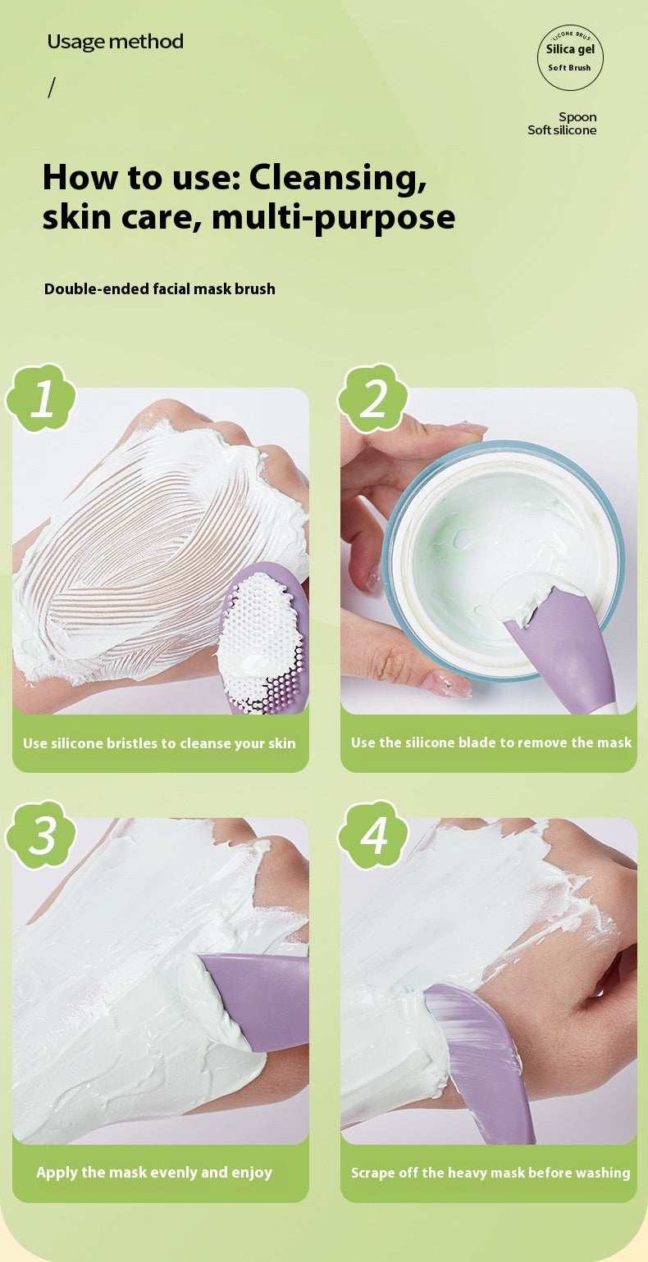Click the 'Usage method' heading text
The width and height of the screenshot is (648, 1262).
(x=116, y=42)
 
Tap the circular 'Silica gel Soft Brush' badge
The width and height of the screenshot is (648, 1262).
(x=570, y=57)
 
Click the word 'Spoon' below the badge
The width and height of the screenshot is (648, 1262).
(x=577, y=117)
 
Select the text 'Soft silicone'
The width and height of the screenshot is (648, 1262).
(x=562, y=130)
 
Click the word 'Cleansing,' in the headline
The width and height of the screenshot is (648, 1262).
(x=338, y=178)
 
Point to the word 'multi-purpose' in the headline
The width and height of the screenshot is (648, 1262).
(x=333, y=217)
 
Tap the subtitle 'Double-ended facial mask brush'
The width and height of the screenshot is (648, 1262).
(x=160, y=289)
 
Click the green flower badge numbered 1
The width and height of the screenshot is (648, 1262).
(x=41, y=397)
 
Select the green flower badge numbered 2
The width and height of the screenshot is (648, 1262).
(x=372, y=397)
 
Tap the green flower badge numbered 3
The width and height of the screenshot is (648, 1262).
(x=41, y=834)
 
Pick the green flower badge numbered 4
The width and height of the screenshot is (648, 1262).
(x=372, y=834)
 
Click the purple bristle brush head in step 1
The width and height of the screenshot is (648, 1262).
(x=263, y=638)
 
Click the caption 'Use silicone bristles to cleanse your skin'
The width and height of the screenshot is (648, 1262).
(x=160, y=743)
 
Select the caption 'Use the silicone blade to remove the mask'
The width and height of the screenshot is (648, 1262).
(x=491, y=742)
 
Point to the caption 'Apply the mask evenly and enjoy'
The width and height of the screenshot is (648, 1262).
(x=154, y=1173)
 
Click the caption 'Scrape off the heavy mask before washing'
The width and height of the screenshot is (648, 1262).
(x=491, y=1173)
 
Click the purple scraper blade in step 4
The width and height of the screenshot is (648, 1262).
(x=483, y=1065)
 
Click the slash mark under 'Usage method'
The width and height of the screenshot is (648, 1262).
(x=52, y=88)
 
